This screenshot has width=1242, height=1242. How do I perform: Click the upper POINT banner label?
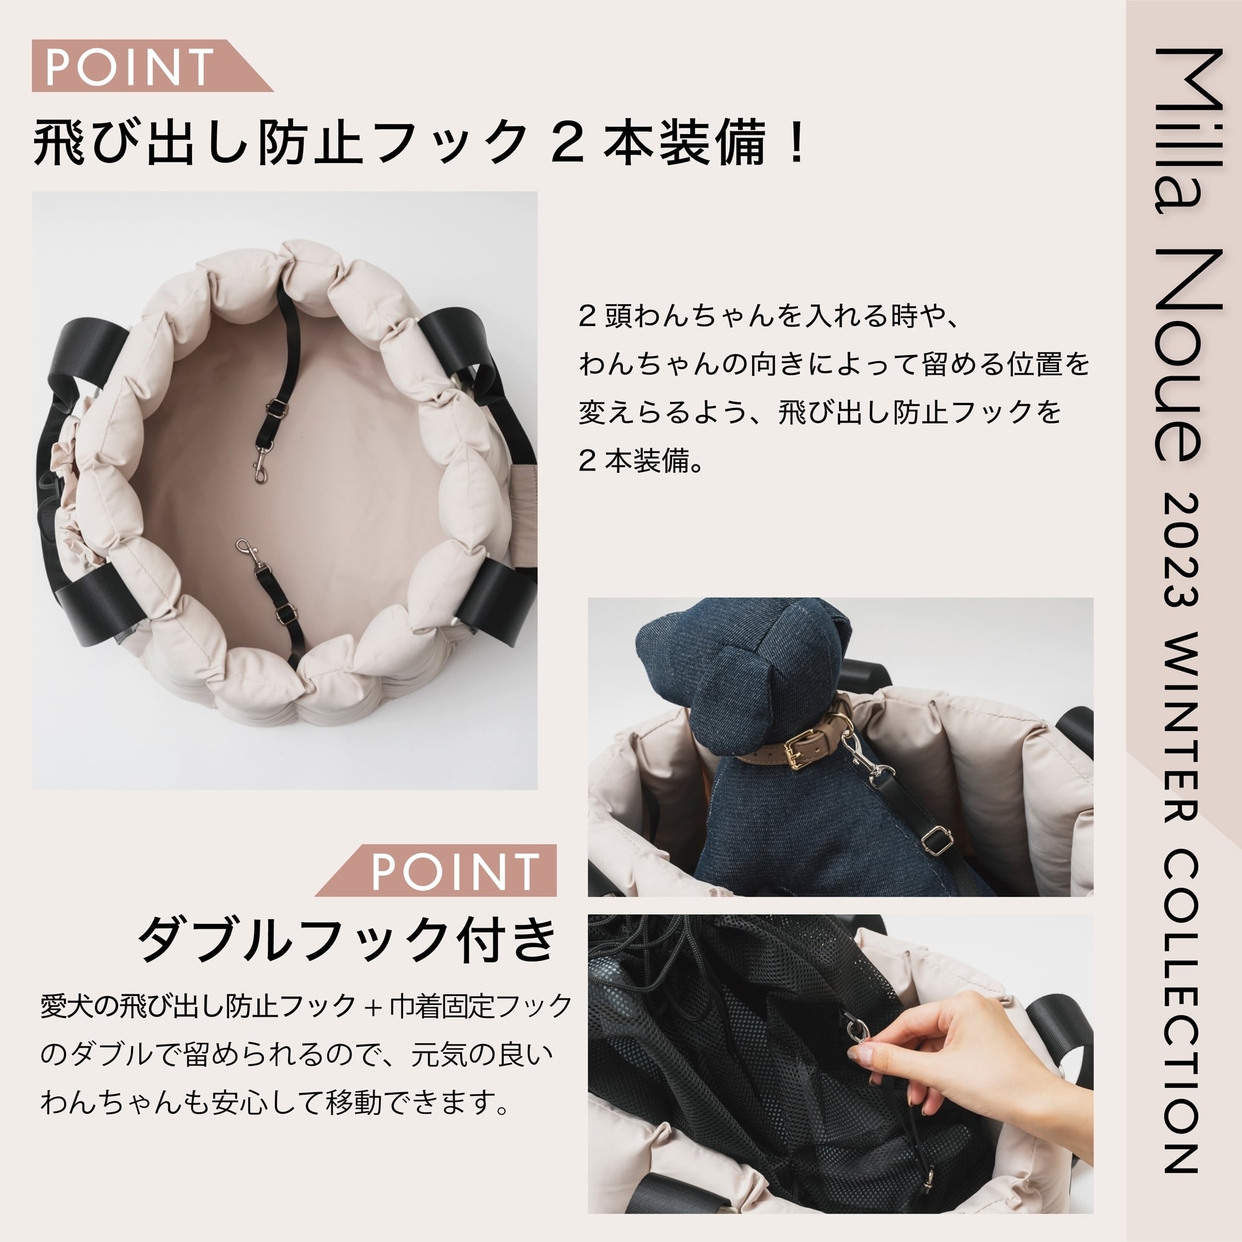pos(129,66)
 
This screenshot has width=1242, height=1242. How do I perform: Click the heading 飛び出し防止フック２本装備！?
pos(418,142)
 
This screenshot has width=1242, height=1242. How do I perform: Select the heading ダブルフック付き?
pos(347,940)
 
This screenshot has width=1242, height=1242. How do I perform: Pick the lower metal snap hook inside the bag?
pos(247,553)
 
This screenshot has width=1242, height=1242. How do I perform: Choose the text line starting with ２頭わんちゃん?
pos(769,316)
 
